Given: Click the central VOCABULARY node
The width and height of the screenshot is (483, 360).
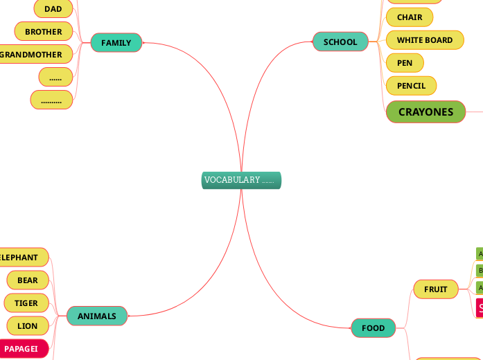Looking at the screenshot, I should (241, 180).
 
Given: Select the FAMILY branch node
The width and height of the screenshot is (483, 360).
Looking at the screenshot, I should (116, 43).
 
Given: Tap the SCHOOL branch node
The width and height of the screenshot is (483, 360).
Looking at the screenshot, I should (340, 42).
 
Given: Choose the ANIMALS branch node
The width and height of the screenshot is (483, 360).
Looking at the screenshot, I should (97, 316).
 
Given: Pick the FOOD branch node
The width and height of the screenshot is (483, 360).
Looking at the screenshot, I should (373, 328).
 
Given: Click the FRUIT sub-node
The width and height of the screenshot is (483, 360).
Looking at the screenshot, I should (436, 289).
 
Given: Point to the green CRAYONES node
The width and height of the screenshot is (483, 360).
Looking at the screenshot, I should (425, 112).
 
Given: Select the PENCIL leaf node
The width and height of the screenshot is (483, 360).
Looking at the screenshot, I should (411, 86).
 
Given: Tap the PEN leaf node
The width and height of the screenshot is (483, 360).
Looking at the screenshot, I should (405, 63).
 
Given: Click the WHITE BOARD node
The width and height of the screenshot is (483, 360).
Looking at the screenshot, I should (424, 40).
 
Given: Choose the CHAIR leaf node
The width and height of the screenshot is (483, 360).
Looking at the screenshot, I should (409, 17).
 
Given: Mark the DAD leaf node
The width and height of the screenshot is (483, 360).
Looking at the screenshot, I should (53, 9).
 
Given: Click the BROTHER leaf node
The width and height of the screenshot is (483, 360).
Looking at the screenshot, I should (44, 32).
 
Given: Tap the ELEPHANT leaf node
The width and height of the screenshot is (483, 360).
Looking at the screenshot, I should (21, 258).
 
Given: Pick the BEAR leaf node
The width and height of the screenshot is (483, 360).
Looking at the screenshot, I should (28, 280).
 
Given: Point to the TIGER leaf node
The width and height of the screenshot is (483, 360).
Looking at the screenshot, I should (26, 303).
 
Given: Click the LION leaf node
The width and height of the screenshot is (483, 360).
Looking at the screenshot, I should (28, 326).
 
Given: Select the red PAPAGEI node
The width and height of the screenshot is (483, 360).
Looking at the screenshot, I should (22, 349).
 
